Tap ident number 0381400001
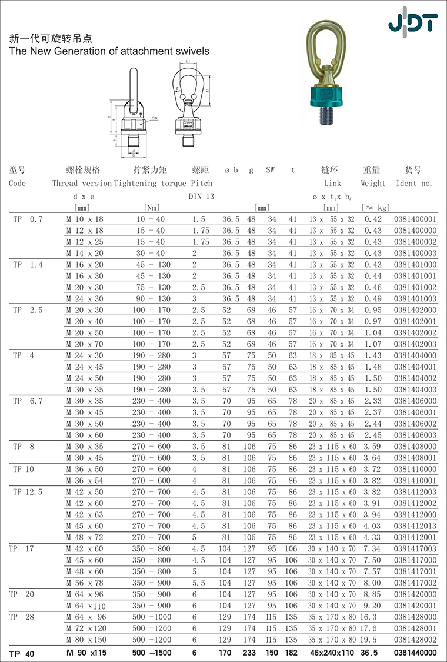tap(415, 219)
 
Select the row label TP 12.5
tap(28, 492)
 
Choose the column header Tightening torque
tap(150, 183)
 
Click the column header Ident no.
tap(414, 183)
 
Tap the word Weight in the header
tap(373, 183)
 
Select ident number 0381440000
tap(415, 653)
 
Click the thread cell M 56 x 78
tap(85, 583)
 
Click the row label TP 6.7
tap(28, 401)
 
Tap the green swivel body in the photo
tap(328, 94)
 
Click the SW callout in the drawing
tap(155, 118)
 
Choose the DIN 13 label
tap(202, 196)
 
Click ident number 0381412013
tap(415, 526)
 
